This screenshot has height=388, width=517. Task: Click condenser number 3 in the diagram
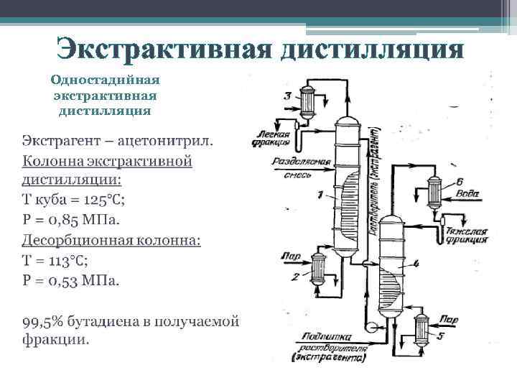point(307,103)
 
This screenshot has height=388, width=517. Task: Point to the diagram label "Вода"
point(467,193)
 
